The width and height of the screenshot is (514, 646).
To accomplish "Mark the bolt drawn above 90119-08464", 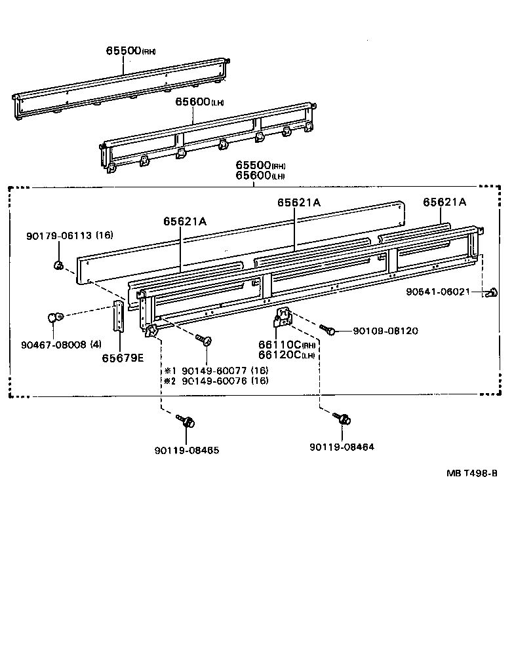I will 341,418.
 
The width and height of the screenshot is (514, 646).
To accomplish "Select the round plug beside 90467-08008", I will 54,318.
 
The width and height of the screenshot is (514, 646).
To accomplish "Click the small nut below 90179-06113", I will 58,265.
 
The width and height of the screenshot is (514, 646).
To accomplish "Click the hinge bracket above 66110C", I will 283,318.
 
